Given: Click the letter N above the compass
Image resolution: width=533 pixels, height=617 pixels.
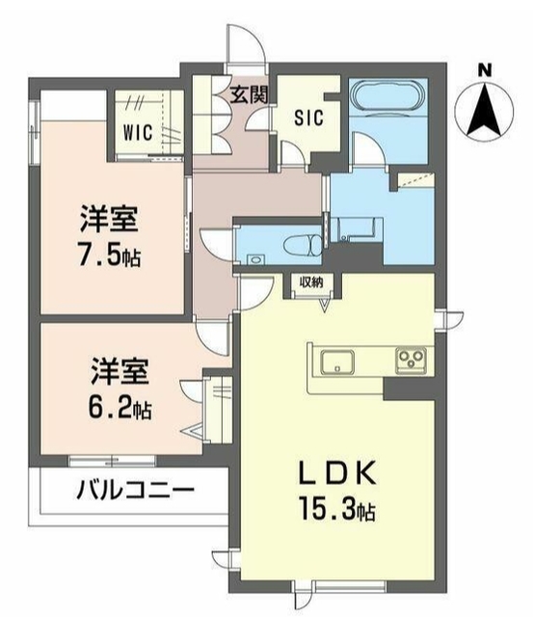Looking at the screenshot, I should [485, 68].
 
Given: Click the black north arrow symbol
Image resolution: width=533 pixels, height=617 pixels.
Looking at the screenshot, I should [485, 109].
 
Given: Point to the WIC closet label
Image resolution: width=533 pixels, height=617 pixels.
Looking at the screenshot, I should [136, 132].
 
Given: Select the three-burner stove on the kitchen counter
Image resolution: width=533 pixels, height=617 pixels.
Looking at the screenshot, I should [412, 362].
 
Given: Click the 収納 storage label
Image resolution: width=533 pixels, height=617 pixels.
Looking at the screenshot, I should [311, 282].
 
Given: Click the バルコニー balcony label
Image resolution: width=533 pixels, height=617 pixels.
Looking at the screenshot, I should [134, 491].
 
